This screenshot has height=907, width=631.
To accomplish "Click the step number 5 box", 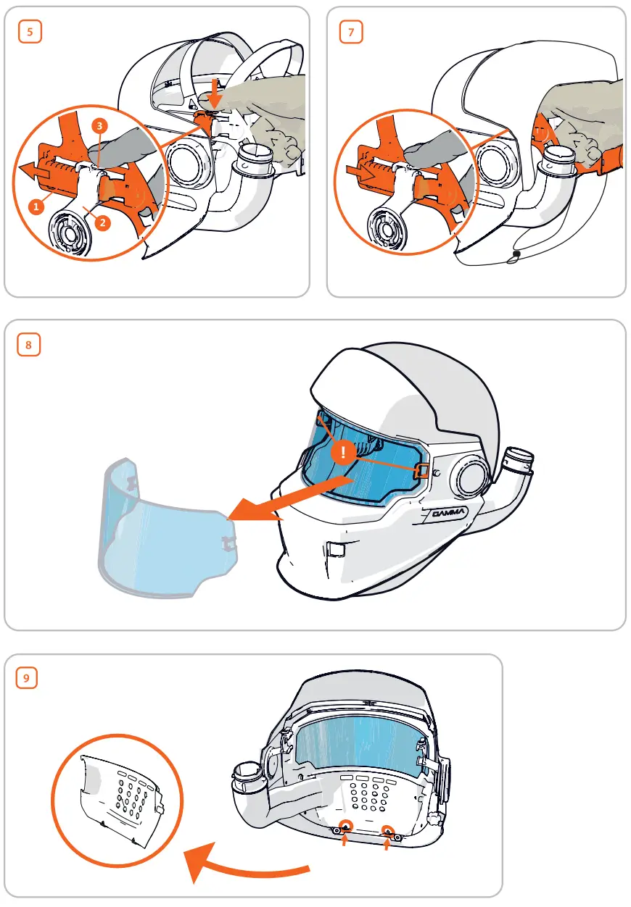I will pos(29,32).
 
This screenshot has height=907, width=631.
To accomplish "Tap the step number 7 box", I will pos(351,32).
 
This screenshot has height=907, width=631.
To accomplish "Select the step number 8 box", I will pos(29,345).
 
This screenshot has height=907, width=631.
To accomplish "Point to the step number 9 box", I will pos(27,678).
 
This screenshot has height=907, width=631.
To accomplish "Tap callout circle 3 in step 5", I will pos(100,125).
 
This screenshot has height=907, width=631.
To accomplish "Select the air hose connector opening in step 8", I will pos(519,458).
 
